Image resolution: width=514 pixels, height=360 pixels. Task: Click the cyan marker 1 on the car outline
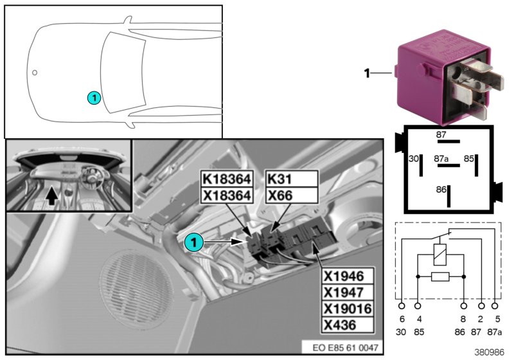click(94, 98)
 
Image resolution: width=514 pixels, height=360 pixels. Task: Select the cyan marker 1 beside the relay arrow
click(193, 242)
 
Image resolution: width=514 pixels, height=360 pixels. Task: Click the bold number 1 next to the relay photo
click(367, 74)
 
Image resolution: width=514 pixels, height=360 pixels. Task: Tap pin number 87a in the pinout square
click(441, 157)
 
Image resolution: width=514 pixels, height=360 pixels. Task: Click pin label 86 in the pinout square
click(441, 191)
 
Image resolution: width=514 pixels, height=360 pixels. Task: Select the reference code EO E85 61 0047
click(346, 348)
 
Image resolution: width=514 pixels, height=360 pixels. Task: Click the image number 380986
click(491, 353)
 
